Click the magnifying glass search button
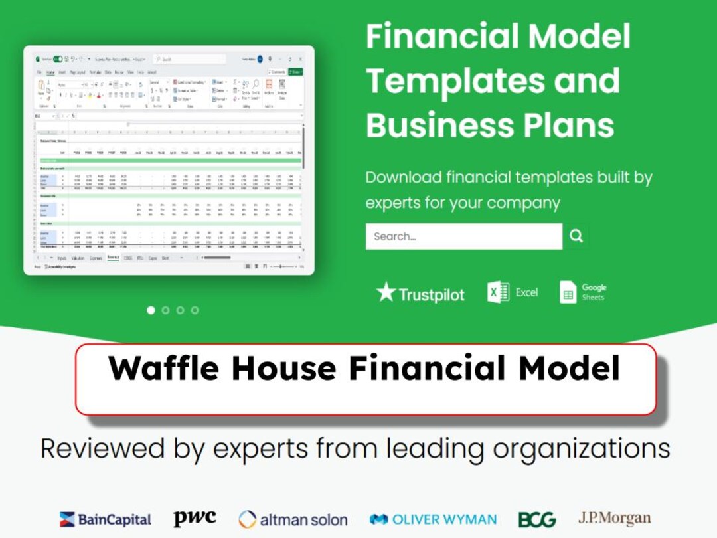click(576, 236)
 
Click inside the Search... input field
click(463, 236)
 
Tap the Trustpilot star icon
click(386, 292)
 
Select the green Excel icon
click(498, 292)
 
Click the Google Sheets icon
click(568, 292)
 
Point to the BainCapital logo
click(105, 519)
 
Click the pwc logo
click(195, 518)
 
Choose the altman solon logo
click(293, 519)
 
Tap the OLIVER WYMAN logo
click(433, 519)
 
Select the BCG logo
click(537, 519)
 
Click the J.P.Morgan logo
click(614, 518)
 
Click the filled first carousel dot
click(151, 310)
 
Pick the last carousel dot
click(195, 310)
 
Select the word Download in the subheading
click(404, 178)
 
